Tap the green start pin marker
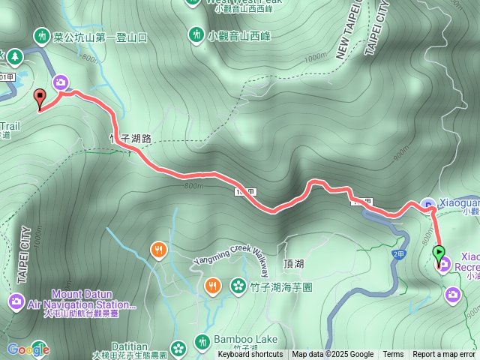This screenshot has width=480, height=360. [x=439, y=253]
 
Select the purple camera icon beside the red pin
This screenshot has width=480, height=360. [x=61, y=82]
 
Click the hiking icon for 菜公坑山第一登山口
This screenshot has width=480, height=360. [x=40, y=35]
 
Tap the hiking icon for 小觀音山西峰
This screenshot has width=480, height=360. [x=196, y=34]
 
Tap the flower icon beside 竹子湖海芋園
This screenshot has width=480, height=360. [x=238, y=285]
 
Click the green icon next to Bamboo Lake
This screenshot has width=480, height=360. [x=202, y=340]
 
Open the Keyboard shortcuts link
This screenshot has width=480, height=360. [x=250, y=355]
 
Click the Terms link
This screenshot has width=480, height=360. [x=393, y=355]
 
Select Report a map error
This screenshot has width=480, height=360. [x=444, y=355]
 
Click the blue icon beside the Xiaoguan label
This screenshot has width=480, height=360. [x=427, y=202]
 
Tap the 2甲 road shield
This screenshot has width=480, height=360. [x=398, y=254]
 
